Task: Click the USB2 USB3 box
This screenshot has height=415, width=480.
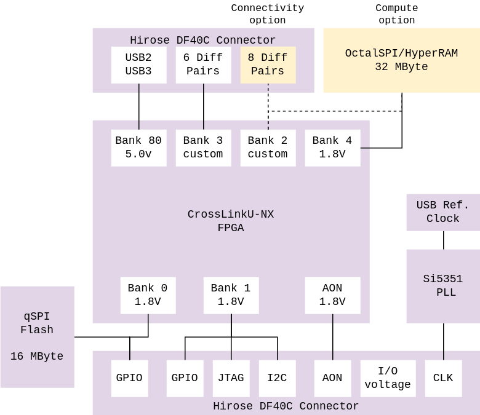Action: pos(138,65)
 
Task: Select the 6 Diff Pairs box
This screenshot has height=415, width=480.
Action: pos(203,65)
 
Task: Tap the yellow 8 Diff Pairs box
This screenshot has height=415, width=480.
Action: pos(268,65)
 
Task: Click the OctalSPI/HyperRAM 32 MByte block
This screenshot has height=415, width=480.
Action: pos(401,60)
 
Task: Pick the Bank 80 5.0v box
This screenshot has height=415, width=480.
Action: pos(138,148)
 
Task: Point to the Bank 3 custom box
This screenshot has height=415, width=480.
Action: pos(203,148)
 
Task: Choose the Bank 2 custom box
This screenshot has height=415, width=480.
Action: pos(268,148)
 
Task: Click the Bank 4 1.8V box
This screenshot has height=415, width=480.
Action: pos(332,148)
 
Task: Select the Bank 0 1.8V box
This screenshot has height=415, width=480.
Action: pos(148,295)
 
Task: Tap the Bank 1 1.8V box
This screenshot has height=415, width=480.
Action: pos(231,295)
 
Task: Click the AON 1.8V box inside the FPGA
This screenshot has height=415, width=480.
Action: pos(332,295)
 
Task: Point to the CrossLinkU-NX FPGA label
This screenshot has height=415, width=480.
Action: pos(231,221)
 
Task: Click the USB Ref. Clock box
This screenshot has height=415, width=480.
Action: pos(443,212)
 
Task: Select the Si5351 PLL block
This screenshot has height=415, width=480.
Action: pos(443,286)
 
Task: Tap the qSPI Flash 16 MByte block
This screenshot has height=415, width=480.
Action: pos(37,336)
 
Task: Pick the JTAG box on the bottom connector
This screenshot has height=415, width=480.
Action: pos(231,378)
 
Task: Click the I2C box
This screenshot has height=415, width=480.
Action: pos(277,378)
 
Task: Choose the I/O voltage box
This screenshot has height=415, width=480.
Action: pos(388,378)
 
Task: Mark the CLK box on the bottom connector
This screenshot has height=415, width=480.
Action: pos(443,378)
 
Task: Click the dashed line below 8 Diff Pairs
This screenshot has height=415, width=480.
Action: pos(268,106)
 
